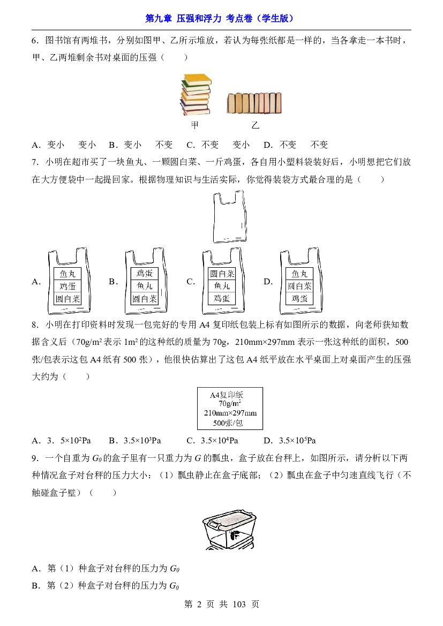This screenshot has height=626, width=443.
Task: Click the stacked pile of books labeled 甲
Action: pos(196,95)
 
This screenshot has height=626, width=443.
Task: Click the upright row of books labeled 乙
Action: pos(254,103)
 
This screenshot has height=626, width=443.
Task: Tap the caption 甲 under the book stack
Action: pos(194,125)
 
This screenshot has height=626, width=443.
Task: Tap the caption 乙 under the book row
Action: pos(256,125)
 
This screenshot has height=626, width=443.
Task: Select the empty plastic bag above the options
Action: pos(229,216)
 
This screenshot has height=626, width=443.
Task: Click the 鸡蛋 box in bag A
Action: pos(67,286)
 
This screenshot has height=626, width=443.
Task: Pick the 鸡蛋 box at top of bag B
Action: pos(145,274)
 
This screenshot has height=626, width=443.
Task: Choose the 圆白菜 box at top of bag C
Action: pos(222,274)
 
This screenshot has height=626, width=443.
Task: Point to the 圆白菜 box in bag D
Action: pos(299,286)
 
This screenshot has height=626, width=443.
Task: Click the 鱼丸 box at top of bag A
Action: pos(67,274)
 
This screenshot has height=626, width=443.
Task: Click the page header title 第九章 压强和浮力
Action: pos(183,18)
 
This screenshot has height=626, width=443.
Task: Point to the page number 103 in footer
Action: pos(239,605)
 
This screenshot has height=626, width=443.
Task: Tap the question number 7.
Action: pos(35,162)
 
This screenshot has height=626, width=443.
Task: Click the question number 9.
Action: pos(35,458)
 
